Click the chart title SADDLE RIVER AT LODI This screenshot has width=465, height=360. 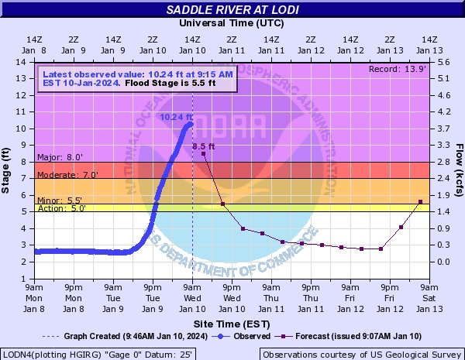[x=232, y=10]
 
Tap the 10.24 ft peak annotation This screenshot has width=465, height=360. [x=176, y=118]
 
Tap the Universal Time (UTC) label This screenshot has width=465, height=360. [x=232, y=24]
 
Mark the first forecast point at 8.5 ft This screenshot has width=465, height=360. [x=203, y=154]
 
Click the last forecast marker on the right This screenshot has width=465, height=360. [x=421, y=202]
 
